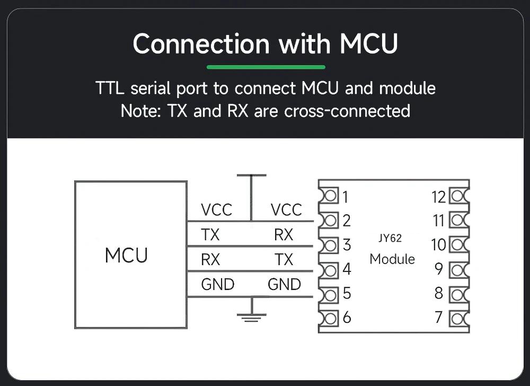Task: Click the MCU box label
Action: point(126,256)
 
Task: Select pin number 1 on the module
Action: point(346,197)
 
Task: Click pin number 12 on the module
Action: point(438,197)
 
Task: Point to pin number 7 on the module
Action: point(438,317)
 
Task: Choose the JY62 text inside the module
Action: point(390,238)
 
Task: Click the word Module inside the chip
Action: point(392,259)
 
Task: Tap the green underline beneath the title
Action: point(266,67)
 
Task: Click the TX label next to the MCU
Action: point(210,234)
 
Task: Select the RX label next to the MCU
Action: point(210,260)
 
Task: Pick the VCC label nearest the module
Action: point(286,210)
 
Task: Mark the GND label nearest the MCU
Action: point(217,285)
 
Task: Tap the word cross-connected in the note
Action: point(347,111)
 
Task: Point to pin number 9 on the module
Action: point(438,269)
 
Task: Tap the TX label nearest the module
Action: point(284,260)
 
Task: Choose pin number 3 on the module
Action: point(346,245)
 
